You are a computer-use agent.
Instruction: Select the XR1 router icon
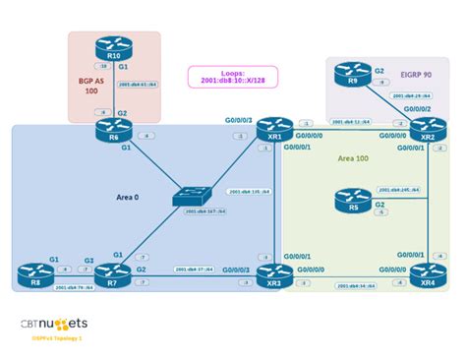coord(268,129)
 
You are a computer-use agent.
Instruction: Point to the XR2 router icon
coord(425,129)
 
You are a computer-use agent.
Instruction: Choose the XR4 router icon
coord(425,276)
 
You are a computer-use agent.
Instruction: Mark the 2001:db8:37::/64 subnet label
coord(193,270)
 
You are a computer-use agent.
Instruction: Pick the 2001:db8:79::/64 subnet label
coord(73,288)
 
